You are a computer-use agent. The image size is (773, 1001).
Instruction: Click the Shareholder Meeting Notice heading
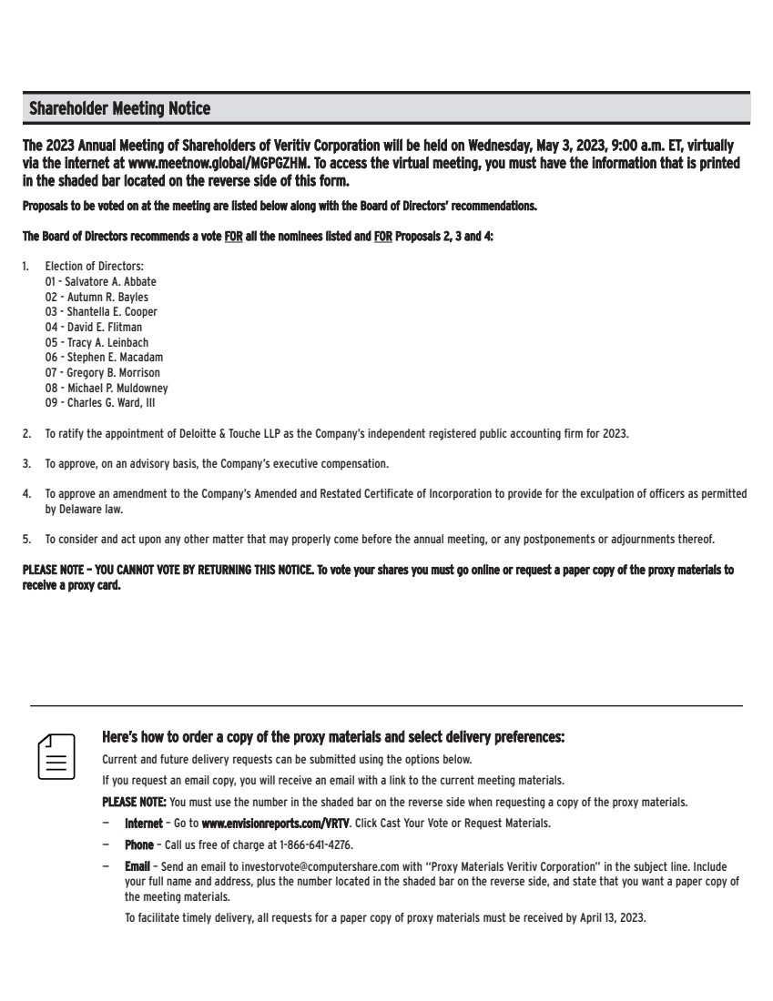pyautogui.click(x=119, y=109)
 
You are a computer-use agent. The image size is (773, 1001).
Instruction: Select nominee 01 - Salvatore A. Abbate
pyautogui.click(x=101, y=282)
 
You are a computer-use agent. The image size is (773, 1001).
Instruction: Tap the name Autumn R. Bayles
pyautogui.click(x=107, y=297)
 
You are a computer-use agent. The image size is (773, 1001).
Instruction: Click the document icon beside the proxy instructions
pyautogui.click(x=56, y=754)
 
